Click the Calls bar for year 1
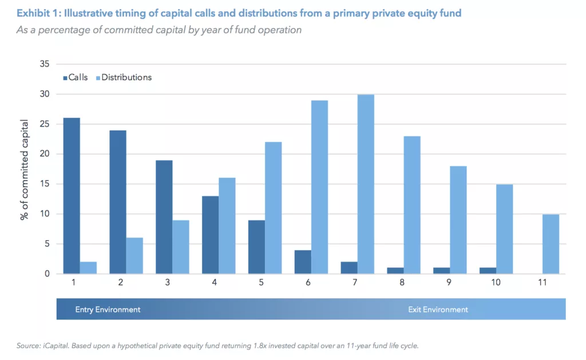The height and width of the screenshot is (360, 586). tap(72, 196)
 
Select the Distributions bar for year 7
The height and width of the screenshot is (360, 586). tap(366, 184)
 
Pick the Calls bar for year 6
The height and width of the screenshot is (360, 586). tap(303, 262)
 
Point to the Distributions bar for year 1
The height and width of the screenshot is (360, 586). tap(88, 268)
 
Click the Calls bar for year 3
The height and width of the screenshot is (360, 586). tap(164, 217)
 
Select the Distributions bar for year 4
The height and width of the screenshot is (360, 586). tap(227, 226)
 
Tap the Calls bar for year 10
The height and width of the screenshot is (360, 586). tap(488, 271)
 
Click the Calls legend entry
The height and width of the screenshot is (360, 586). tap(75, 77)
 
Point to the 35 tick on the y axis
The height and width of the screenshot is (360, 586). tap(44, 64)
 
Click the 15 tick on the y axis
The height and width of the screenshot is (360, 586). tap(44, 184)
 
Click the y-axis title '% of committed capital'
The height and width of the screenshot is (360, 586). tap(25, 169)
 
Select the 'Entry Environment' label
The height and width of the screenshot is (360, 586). tap(108, 310)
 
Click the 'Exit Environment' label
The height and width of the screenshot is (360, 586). tap(438, 310)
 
